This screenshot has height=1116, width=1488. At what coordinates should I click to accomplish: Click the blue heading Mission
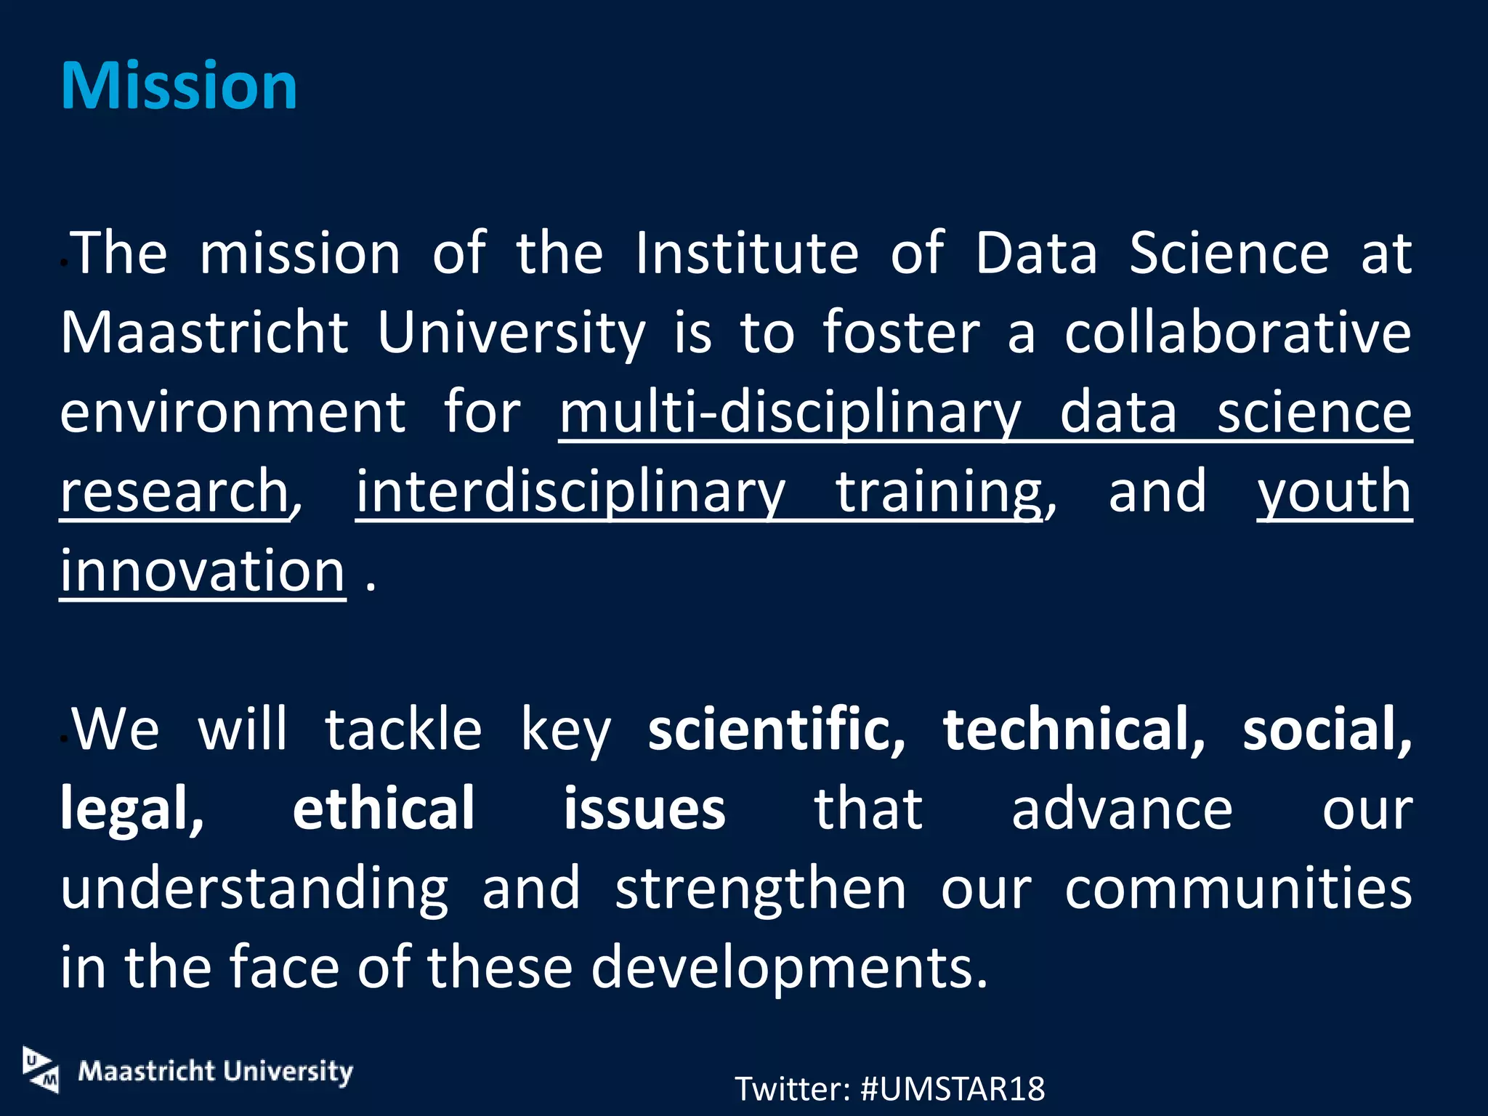coord(179,86)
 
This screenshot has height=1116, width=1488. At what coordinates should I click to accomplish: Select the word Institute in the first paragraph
coord(746,254)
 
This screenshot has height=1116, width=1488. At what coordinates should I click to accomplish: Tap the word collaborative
coord(1237,333)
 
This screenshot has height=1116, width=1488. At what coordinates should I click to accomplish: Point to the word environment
coord(232,412)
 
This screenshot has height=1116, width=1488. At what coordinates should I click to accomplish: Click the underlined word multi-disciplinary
coord(790,412)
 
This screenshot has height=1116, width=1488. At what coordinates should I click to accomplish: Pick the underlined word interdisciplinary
coord(570,492)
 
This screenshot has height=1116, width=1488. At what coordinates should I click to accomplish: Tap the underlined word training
coord(939,492)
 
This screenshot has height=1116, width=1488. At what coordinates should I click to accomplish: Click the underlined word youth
coord(1334,492)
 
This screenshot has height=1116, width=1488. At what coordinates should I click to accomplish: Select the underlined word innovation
coord(203,571)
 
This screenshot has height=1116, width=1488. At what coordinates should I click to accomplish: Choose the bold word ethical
coord(384,809)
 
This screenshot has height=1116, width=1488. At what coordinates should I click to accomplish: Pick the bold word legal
coord(132,809)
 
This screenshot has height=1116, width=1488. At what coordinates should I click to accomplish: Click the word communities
coord(1238,888)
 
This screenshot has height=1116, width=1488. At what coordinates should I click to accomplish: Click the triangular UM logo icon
coord(41,1069)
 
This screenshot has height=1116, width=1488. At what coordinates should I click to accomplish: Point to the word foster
coord(902,333)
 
